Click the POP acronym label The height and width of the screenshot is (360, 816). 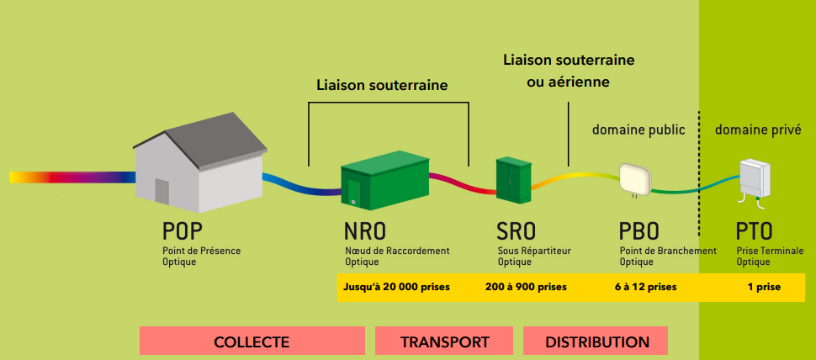coord(183,231)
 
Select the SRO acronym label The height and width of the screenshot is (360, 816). coord(517,231)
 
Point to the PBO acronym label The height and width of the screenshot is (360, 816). coord(639,231)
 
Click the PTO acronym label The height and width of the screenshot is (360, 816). coord(755,231)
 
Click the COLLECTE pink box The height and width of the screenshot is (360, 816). coord(252,341)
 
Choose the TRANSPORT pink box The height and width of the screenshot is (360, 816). coord(444,341)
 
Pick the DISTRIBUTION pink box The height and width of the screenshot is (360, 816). coord(596,341)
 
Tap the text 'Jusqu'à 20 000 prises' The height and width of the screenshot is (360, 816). coord(396,287)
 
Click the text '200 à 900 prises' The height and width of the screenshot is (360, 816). coord(526,287)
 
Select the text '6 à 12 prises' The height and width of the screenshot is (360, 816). coord(645,287)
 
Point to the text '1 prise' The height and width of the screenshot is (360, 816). coord(764,287)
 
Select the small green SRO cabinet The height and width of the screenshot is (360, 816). coord(512,177)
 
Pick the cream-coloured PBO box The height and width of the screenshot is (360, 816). coord(635,177)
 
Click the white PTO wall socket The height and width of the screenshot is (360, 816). coord(754,177)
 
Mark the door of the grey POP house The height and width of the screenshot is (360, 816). coord(162,192)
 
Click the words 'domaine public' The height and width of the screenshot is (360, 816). coord(638,130)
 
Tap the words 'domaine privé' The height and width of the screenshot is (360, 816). coord(757,130)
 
